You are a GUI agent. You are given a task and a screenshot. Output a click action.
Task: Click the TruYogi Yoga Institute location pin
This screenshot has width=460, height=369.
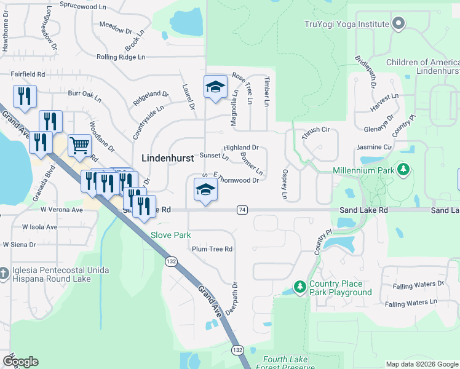point(398,24)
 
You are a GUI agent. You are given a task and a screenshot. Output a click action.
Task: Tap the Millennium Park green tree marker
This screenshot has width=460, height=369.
point(403,169)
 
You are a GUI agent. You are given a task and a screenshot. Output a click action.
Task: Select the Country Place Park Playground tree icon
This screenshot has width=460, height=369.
point(299,287)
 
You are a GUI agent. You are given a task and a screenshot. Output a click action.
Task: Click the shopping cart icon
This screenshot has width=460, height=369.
point(79,146)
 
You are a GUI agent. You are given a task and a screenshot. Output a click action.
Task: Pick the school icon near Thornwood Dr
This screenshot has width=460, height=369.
point(205,189)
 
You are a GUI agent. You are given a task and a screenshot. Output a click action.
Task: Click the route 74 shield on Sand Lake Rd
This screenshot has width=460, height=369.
point(242,210)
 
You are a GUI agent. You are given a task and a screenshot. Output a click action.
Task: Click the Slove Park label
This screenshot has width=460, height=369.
point(171,235)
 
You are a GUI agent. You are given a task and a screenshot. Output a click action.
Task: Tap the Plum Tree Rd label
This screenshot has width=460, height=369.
point(212,249)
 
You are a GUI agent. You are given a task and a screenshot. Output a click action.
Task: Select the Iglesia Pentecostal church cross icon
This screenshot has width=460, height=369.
point(4,272)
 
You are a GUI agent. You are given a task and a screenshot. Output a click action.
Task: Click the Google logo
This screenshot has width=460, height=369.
point(20,362)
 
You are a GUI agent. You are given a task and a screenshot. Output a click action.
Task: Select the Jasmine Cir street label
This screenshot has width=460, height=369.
point(374,148)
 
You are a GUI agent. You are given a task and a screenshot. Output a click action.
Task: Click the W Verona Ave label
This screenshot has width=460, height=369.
point(61,210)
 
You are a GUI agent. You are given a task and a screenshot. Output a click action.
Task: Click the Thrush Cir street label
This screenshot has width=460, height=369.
point(317,130)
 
